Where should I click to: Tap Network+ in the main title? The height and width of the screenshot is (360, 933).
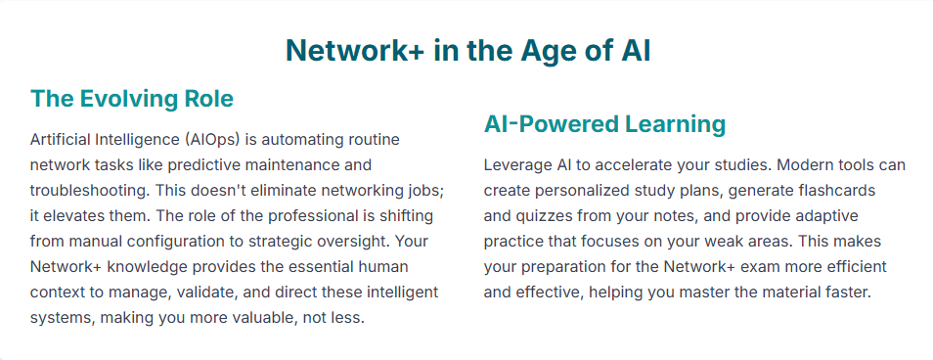pyautogui.click(x=355, y=51)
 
